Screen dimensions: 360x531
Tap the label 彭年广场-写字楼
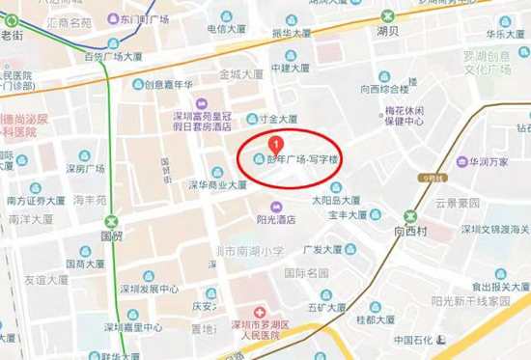302,159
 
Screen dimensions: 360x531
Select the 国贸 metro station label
111,234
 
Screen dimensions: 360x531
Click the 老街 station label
12,35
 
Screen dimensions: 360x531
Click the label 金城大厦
240,72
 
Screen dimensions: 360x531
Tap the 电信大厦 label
229,28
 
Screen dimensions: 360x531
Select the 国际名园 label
306,273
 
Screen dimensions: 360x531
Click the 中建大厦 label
290,69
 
